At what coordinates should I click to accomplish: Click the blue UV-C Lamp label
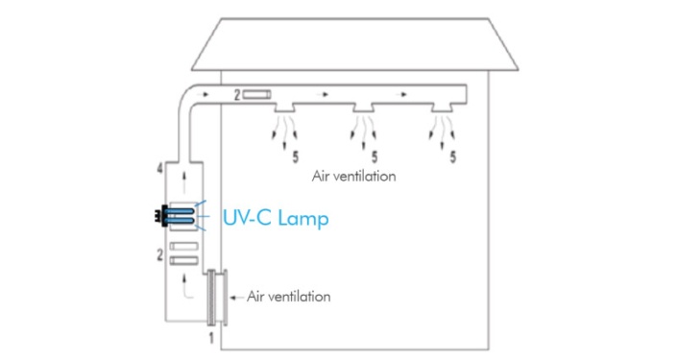click(x=276, y=218)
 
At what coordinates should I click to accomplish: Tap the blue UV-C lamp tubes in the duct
click(x=184, y=216)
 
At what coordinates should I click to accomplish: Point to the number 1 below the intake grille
click(x=210, y=339)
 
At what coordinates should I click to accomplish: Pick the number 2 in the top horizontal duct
click(x=236, y=95)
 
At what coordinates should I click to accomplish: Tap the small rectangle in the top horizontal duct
click(x=258, y=95)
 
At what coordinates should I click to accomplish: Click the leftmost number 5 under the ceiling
click(x=293, y=153)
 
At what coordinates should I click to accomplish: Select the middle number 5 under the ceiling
click(x=373, y=153)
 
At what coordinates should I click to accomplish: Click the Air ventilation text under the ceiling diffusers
click(x=354, y=177)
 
